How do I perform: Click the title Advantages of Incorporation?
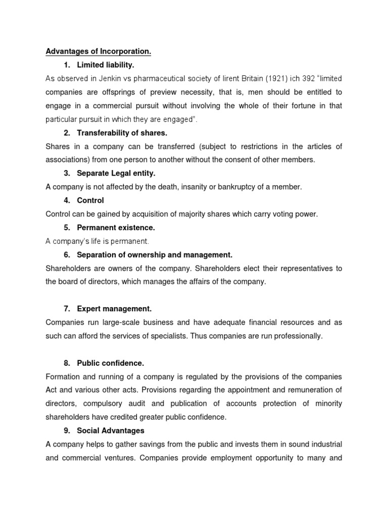pos(99,52)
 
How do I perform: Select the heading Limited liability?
pos(106,65)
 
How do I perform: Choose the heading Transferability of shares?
pos(122,133)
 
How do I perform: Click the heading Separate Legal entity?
pos(116,174)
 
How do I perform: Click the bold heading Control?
pos(90,201)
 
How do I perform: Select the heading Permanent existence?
pos(116,228)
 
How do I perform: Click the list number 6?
pos(67,255)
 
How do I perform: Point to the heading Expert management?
pos(114,309)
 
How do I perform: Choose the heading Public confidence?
pos(111,363)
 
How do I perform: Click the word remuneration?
pos(306,391)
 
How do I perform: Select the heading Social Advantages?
pos(111,431)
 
